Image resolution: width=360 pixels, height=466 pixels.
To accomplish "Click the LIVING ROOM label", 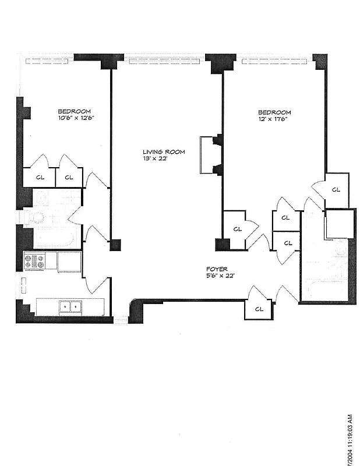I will (x=164, y=152).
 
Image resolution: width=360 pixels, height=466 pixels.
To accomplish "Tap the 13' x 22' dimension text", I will (x=155, y=158).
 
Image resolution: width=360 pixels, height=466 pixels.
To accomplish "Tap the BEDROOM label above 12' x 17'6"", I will (x=274, y=112).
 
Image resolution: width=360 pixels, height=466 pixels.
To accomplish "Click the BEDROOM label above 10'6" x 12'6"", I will (x=74, y=111).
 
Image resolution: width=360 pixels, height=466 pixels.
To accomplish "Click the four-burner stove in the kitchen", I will (x=34, y=262).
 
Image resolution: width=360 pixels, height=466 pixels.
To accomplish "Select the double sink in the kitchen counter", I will (x=71, y=306).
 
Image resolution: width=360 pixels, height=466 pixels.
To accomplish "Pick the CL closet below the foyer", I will (x=259, y=309).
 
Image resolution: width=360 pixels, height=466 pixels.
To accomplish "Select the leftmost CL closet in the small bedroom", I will (x=40, y=177).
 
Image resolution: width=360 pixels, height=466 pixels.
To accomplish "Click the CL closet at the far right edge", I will (x=336, y=189).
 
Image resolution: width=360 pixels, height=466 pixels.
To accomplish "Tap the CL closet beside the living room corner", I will (x=237, y=229).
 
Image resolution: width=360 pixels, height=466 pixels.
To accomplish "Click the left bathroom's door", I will (x=75, y=217).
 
